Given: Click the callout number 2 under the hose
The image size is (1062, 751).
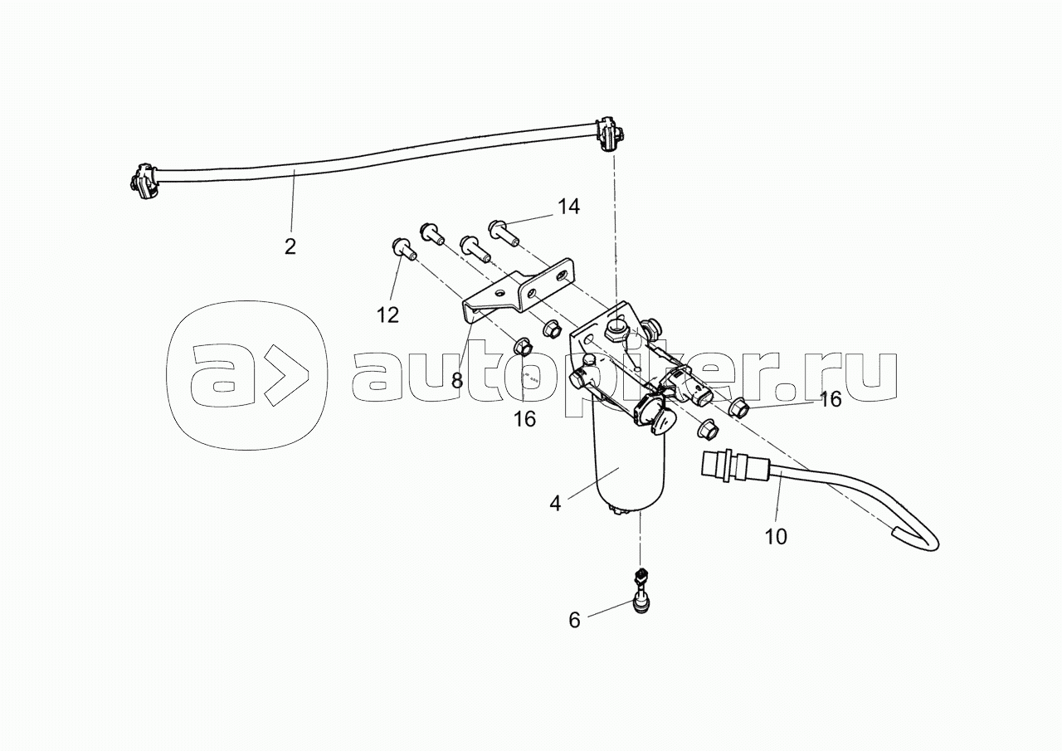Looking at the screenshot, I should (x=290, y=246).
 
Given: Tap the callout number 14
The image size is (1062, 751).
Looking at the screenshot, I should (x=568, y=207).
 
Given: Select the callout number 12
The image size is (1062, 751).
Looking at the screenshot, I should (x=387, y=315).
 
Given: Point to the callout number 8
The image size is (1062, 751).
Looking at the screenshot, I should (x=456, y=381).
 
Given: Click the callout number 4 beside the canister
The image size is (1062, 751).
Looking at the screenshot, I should (x=555, y=503).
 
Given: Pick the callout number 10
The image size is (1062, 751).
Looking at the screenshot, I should (x=775, y=536).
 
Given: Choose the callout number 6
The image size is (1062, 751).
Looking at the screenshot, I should (x=574, y=619).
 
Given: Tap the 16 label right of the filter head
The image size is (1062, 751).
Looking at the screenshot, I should (x=830, y=399).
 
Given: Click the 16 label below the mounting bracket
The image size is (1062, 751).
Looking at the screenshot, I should (x=524, y=418).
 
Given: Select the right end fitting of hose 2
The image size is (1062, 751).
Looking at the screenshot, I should (x=610, y=135).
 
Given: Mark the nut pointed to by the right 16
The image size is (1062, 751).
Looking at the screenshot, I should (x=738, y=407).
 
